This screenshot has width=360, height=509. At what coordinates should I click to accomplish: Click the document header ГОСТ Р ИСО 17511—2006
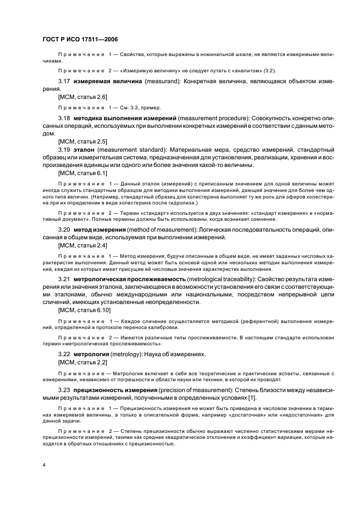[80, 40]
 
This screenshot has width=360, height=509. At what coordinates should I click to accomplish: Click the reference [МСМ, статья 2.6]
[78, 97]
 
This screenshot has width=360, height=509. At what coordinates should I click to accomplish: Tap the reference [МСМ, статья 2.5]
[78, 141]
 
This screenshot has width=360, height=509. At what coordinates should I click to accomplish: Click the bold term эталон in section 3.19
[83, 149]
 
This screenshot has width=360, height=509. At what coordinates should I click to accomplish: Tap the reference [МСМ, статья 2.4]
[78, 246]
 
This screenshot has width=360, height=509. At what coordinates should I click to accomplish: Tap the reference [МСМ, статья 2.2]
[78, 362]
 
